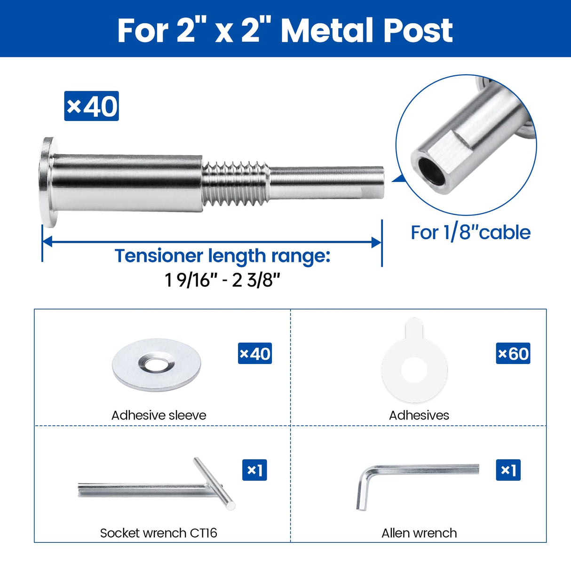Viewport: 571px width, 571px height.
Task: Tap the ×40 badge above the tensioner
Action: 91,106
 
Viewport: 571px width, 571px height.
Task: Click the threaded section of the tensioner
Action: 235,183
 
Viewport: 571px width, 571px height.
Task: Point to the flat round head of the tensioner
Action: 47,182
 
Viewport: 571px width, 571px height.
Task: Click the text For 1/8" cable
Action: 470,232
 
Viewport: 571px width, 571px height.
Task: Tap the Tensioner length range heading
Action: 222,256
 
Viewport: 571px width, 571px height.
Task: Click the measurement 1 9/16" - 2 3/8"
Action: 222,280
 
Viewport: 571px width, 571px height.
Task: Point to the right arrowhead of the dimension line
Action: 376,242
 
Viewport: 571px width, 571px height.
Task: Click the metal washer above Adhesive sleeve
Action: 157,365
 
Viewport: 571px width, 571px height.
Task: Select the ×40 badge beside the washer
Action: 255,354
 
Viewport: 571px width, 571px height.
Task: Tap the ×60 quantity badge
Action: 513,354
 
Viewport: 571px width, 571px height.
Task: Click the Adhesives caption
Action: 419,415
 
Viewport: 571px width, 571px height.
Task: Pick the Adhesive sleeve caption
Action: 159,415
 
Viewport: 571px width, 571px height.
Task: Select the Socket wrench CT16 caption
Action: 159,533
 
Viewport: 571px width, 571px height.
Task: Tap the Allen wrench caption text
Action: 419,533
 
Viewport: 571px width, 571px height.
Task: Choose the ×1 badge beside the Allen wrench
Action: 508,470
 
